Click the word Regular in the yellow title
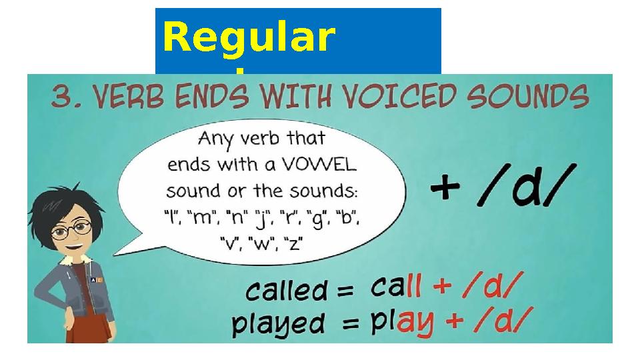click(248, 38)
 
